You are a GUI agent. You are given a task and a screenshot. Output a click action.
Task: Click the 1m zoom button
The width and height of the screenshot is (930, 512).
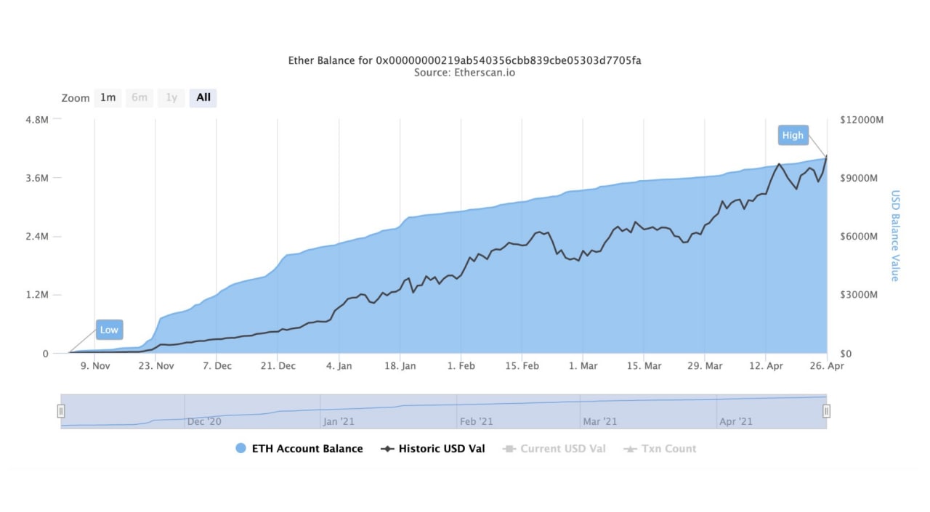(108, 97)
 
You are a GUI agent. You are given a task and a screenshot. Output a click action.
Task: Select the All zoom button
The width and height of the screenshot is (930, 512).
(203, 97)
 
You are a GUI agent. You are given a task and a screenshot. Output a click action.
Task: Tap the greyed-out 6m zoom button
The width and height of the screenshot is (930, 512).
(139, 97)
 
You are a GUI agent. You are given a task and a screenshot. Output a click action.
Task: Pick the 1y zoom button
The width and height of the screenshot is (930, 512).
(171, 97)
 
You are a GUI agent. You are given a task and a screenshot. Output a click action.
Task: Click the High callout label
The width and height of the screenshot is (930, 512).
(793, 135)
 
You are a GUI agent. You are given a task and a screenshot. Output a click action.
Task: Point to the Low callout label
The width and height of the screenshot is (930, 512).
(109, 330)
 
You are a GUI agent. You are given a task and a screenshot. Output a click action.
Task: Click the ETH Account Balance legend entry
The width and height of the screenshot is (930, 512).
(299, 449)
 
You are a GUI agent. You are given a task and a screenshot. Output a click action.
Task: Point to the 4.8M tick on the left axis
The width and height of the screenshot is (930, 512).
(36, 119)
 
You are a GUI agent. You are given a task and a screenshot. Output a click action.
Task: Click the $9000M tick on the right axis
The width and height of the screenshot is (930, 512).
(861, 178)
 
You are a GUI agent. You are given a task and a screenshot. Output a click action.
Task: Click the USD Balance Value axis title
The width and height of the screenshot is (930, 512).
(895, 236)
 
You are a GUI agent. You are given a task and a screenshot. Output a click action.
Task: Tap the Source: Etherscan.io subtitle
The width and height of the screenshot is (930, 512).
(465, 73)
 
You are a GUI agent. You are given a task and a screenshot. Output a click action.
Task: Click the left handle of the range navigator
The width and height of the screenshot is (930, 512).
(61, 411)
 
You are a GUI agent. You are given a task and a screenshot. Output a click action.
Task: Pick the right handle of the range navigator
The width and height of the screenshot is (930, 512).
(826, 411)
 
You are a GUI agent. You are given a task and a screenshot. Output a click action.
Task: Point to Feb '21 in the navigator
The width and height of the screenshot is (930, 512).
(477, 421)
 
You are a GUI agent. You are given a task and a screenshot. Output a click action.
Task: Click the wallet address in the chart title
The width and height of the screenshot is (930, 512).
(509, 60)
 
